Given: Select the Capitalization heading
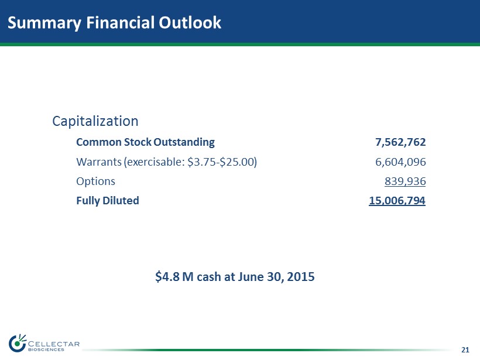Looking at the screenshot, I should [95, 121].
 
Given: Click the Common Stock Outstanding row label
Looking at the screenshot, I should [145, 142].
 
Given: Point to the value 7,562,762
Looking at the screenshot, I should [400, 142].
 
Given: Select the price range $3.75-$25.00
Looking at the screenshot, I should [220, 162].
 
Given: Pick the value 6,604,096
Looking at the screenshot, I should [400, 162].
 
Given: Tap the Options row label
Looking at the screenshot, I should [95, 181].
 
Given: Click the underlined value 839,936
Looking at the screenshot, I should [405, 181].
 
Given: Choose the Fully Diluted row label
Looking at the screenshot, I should [108, 200].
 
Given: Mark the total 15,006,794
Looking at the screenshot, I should [397, 200].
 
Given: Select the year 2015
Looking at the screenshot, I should [300, 276].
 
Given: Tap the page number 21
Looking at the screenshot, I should [465, 350].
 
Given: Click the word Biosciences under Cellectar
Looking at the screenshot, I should [46, 350].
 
